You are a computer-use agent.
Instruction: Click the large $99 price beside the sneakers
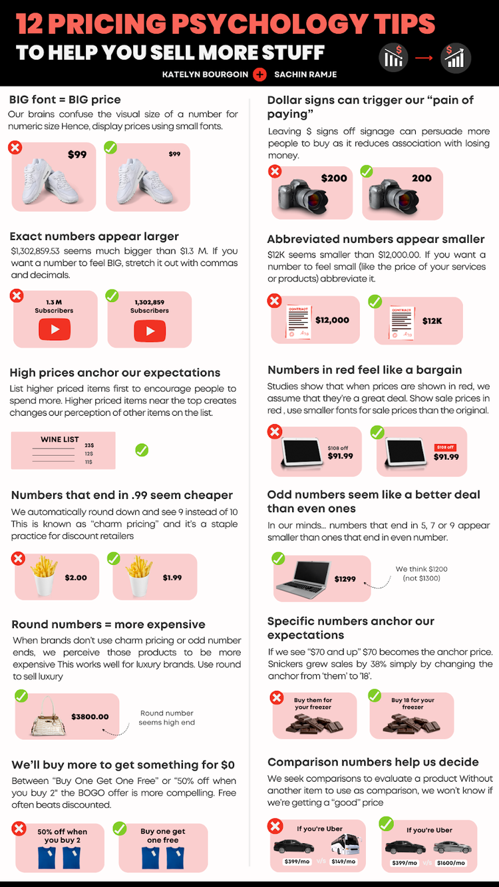(77, 155)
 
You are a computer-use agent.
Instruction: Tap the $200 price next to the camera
(334, 178)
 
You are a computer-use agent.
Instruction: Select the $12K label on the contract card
(432, 321)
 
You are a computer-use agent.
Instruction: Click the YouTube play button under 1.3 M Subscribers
(55, 329)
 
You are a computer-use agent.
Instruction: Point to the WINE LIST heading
(60, 439)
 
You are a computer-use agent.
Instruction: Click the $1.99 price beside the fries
(172, 578)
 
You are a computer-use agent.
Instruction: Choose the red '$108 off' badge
(444, 447)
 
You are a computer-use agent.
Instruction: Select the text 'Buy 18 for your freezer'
(413, 703)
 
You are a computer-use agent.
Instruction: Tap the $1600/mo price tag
(451, 862)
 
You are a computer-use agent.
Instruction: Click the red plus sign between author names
(259, 75)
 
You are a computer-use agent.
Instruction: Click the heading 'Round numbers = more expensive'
(108, 624)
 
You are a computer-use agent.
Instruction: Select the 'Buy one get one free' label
(163, 836)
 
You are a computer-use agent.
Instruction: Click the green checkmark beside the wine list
(142, 450)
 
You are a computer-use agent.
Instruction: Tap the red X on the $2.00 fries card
(18, 559)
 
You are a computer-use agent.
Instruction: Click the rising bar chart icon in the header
(456, 58)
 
